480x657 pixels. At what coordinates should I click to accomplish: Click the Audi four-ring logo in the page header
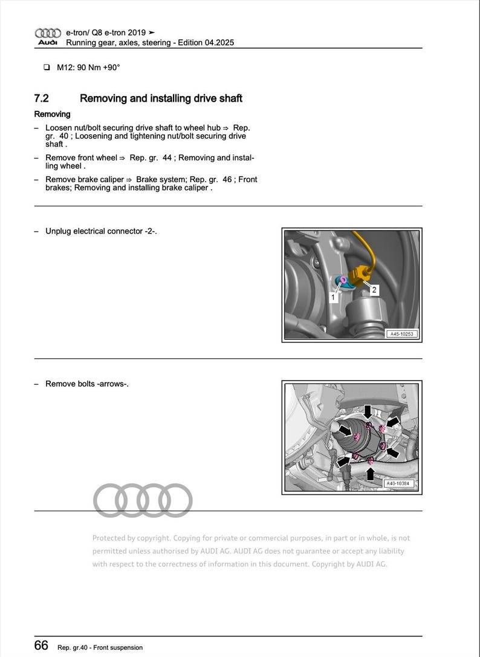48,33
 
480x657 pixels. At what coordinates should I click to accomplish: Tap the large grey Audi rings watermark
143,501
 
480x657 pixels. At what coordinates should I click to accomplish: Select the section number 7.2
42,98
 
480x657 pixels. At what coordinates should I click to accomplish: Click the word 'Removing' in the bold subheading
52,114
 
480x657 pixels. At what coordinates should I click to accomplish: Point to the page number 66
41,646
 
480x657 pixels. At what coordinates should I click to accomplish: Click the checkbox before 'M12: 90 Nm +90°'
47,68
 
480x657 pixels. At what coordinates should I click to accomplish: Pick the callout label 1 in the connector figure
333,297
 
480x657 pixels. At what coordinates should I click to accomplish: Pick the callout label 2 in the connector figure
374,290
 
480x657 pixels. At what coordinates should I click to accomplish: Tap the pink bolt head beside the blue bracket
343,278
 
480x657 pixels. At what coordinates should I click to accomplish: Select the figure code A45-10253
401,334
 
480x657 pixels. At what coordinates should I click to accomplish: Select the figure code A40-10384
400,483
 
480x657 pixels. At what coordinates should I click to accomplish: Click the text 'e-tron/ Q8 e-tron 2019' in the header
105,33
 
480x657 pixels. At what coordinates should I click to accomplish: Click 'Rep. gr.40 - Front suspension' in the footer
100,647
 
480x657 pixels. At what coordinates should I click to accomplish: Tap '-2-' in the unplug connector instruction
150,231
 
